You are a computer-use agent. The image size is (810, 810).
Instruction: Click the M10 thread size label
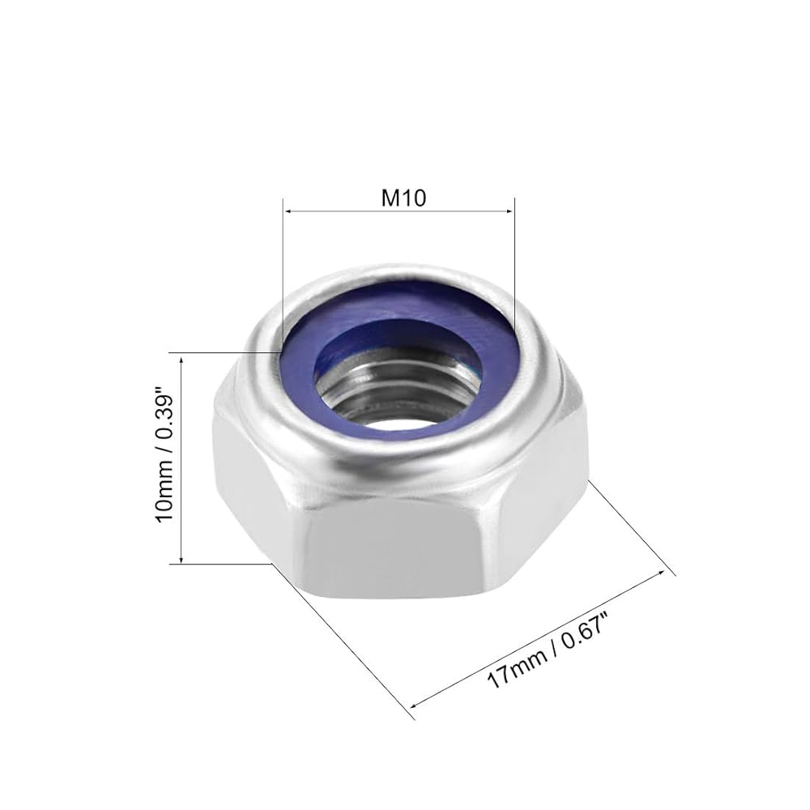(x=398, y=198)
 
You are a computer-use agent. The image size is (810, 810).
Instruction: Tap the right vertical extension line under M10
(x=514, y=259)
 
